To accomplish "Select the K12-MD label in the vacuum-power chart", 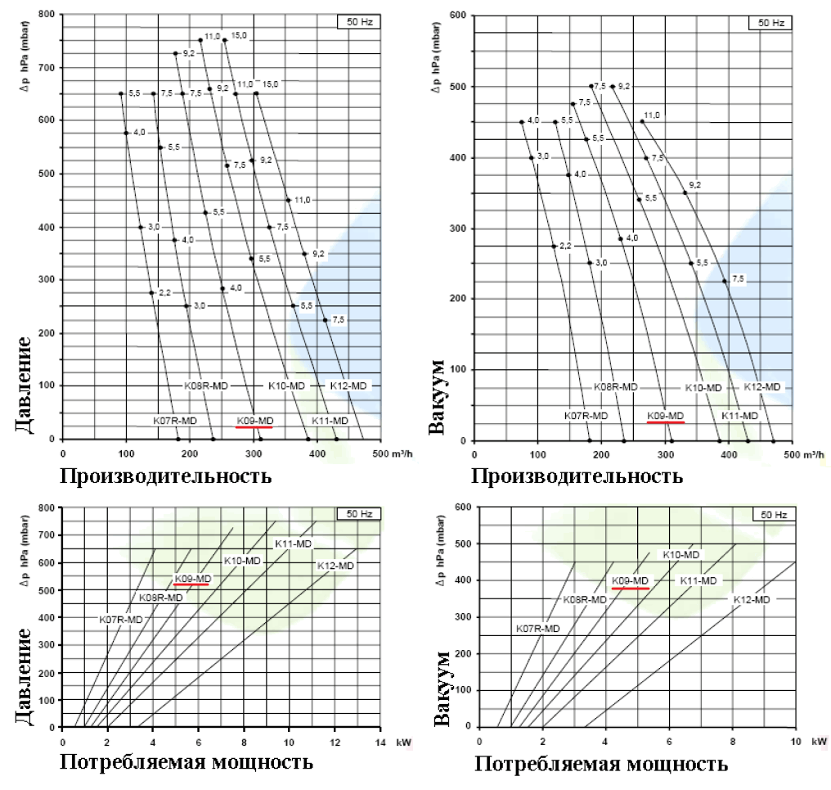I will tap(752, 600).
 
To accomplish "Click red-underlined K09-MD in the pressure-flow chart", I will tap(253, 421).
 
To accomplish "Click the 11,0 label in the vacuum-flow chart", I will tap(651, 115).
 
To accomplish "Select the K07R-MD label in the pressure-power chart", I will tap(121, 620).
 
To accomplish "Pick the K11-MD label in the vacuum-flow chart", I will tap(739, 416).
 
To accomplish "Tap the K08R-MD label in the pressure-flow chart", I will tap(205, 385).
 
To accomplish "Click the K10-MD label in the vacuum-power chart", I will tap(681, 555).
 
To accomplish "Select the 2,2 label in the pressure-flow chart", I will tap(164, 292).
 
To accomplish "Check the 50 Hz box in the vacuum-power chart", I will tap(773, 515).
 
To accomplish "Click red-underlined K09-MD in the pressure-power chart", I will tap(191, 578).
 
